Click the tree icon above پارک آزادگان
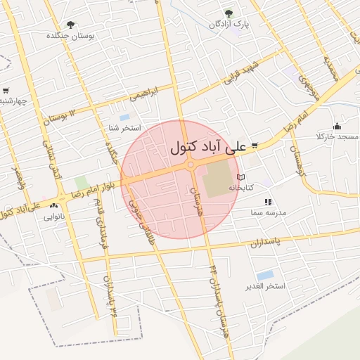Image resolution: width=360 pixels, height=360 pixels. coord(227,13)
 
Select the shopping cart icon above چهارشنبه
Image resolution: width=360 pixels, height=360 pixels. coord(6,90)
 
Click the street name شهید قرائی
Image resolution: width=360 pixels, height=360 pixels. coord(242,74)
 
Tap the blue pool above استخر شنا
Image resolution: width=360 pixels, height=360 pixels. coord(124,117)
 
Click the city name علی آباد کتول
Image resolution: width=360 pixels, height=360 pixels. coord(209,148)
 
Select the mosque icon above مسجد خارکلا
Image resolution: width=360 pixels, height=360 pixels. coord(337,126)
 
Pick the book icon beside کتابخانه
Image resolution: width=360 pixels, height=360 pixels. coord(241,177)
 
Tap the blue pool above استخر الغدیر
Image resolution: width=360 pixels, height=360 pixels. coord(265,275)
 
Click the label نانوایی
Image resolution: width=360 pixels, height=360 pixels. coord(54,217)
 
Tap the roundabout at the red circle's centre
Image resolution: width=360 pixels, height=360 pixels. coord(190,166)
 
